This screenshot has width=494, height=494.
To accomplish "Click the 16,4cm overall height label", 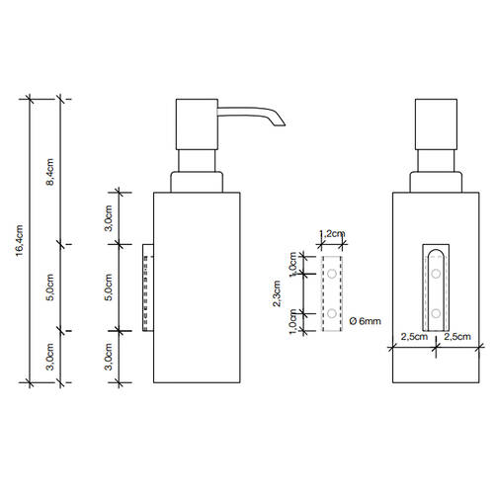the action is click(x=20, y=240).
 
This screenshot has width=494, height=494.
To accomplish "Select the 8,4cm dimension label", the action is click(x=49, y=172).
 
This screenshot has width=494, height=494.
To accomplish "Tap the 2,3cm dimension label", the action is click(x=277, y=293).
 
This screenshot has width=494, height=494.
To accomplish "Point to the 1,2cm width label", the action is click(x=332, y=233).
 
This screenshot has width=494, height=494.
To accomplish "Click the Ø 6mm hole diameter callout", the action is click(x=365, y=321).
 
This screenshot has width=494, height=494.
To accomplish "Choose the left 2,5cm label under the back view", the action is click(x=414, y=337).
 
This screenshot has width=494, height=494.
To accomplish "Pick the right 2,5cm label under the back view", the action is click(x=457, y=337).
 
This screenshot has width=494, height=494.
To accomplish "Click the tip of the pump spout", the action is click(x=283, y=124).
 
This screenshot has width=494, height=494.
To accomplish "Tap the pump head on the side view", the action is click(x=197, y=124).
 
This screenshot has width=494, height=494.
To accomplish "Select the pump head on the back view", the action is click(x=436, y=124).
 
